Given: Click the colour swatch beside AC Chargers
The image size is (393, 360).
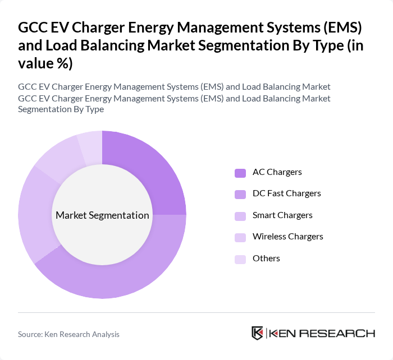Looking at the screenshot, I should point(240,173).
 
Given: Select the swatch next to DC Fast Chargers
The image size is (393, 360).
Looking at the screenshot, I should point(240,194).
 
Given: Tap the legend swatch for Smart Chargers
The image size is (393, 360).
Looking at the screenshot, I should point(240,216).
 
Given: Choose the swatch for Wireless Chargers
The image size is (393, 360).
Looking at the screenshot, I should point(240,237).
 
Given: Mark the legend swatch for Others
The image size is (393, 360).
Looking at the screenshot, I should point(240,259).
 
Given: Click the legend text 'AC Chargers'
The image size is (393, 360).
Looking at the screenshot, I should point(277,172).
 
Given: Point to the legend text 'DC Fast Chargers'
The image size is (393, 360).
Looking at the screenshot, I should point(287,193).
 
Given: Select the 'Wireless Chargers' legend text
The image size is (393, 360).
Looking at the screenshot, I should point(288,237).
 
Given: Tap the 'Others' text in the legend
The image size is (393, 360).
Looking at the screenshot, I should point(266,259).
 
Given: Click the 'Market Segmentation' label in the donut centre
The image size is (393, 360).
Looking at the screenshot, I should point(102,215).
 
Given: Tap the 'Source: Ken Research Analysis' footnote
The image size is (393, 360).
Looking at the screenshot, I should point(68,334).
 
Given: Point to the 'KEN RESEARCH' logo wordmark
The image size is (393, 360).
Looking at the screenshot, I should point(322,334).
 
